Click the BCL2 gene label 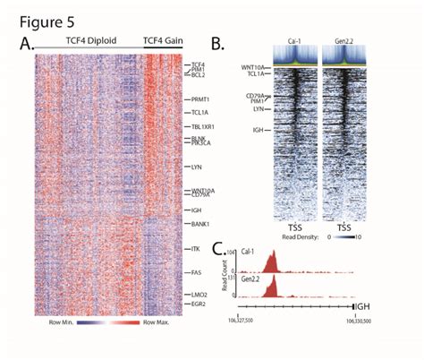(x=199, y=77)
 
